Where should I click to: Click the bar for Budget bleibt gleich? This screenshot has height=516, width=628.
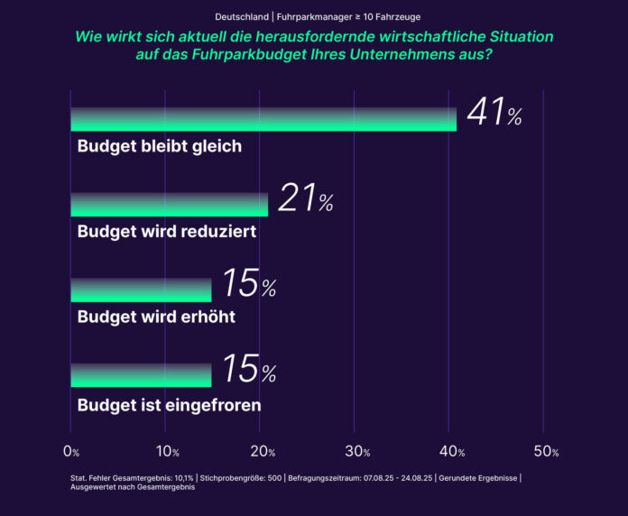click(x=263, y=120)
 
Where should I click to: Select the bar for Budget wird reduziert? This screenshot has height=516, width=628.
click(x=170, y=205)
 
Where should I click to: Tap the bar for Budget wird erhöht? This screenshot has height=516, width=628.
click(x=141, y=290)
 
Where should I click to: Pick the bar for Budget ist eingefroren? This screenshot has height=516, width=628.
click(x=141, y=375)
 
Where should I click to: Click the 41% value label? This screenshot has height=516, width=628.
click(x=494, y=115)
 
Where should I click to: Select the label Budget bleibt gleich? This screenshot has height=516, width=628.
click(x=160, y=146)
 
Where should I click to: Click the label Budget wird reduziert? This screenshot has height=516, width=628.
click(x=167, y=232)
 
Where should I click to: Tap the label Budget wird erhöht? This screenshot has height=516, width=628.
click(x=156, y=317)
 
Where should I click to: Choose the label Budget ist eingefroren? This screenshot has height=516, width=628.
click(x=170, y=405)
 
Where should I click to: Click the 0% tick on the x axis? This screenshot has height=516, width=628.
click(x=71, y=451)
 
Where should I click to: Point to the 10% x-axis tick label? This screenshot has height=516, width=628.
click(x=167, y=451)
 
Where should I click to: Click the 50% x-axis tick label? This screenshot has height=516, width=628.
click(x=547, y=451)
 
